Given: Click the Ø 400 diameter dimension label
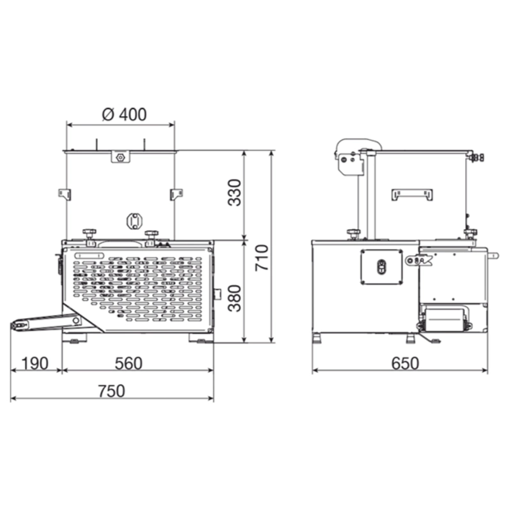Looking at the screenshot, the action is point(124,114).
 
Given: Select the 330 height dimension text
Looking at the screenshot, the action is point(234,192).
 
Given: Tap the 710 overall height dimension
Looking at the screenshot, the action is point(262,257).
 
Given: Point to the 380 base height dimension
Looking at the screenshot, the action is point(234,298).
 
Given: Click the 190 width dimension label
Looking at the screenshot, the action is point(35,363).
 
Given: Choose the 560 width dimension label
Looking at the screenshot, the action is point(128,363).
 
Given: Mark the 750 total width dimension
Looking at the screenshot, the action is point(111,391).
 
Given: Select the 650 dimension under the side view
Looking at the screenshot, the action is point(405,363).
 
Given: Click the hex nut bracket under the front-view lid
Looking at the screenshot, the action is point(120,156).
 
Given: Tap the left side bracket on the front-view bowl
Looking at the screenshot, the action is point(65,194).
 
